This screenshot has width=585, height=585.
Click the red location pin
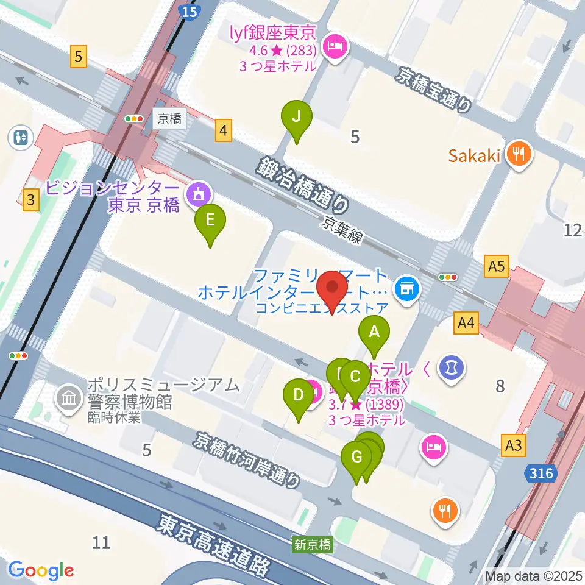click(333, 291)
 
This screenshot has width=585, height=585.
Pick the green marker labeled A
click(374, 334)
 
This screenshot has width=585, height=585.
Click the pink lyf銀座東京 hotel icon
click(335, 44)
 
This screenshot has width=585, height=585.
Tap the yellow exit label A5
click(497, 266)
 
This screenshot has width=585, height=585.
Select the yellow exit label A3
click(513, 445)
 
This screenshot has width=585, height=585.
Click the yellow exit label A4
click(466, 324)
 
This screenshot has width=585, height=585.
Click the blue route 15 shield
click(190, 11)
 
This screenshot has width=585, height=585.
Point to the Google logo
click(41, 570)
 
